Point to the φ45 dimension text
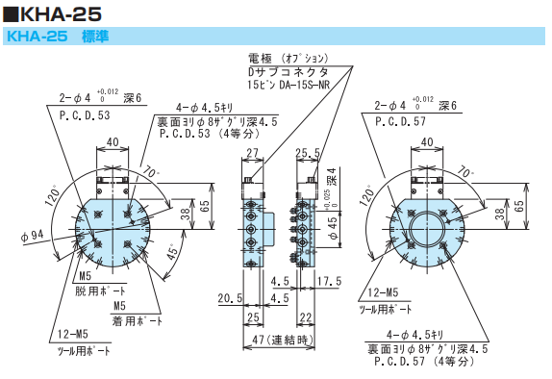tap(333, 230)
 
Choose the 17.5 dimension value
tap(328, 282)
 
